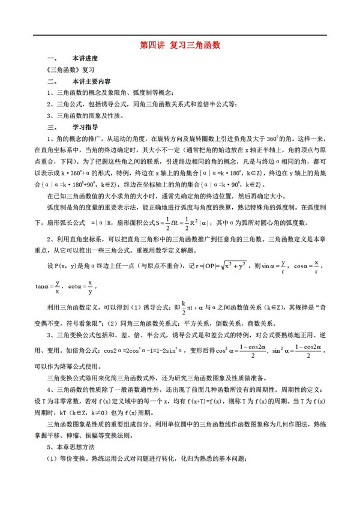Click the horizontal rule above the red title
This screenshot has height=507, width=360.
pyautogui.click(x=180, y=34)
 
